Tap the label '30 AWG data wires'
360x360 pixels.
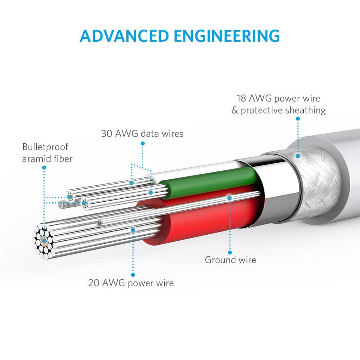(x=142, y=133)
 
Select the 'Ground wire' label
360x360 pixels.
(x=230, y=260)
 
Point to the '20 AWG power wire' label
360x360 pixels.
(x=131, y=282)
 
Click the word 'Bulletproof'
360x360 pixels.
(x=45, y=147)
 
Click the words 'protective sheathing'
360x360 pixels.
(x=283, y=111)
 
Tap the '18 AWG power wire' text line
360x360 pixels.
(x=278, y=99)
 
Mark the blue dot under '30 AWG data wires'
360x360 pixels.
(x=142, y=143)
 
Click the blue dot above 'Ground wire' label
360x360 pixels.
(x=230, y=252)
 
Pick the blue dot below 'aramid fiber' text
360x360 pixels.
(x=44, y=168)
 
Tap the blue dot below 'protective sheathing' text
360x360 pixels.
(x=297, y=118)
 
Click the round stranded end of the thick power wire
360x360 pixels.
(x=45, y=240)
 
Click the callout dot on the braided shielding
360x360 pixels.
(x=298, y=156)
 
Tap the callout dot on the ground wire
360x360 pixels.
(x=230, y=196)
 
